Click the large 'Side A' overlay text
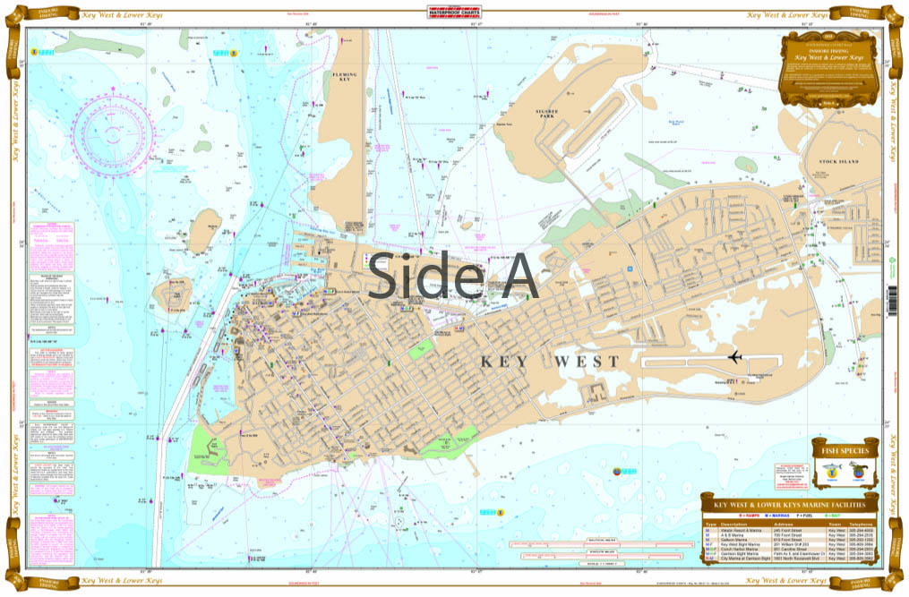pos(453,276)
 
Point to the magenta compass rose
pos(114,131)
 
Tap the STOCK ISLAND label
pos(838,161)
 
